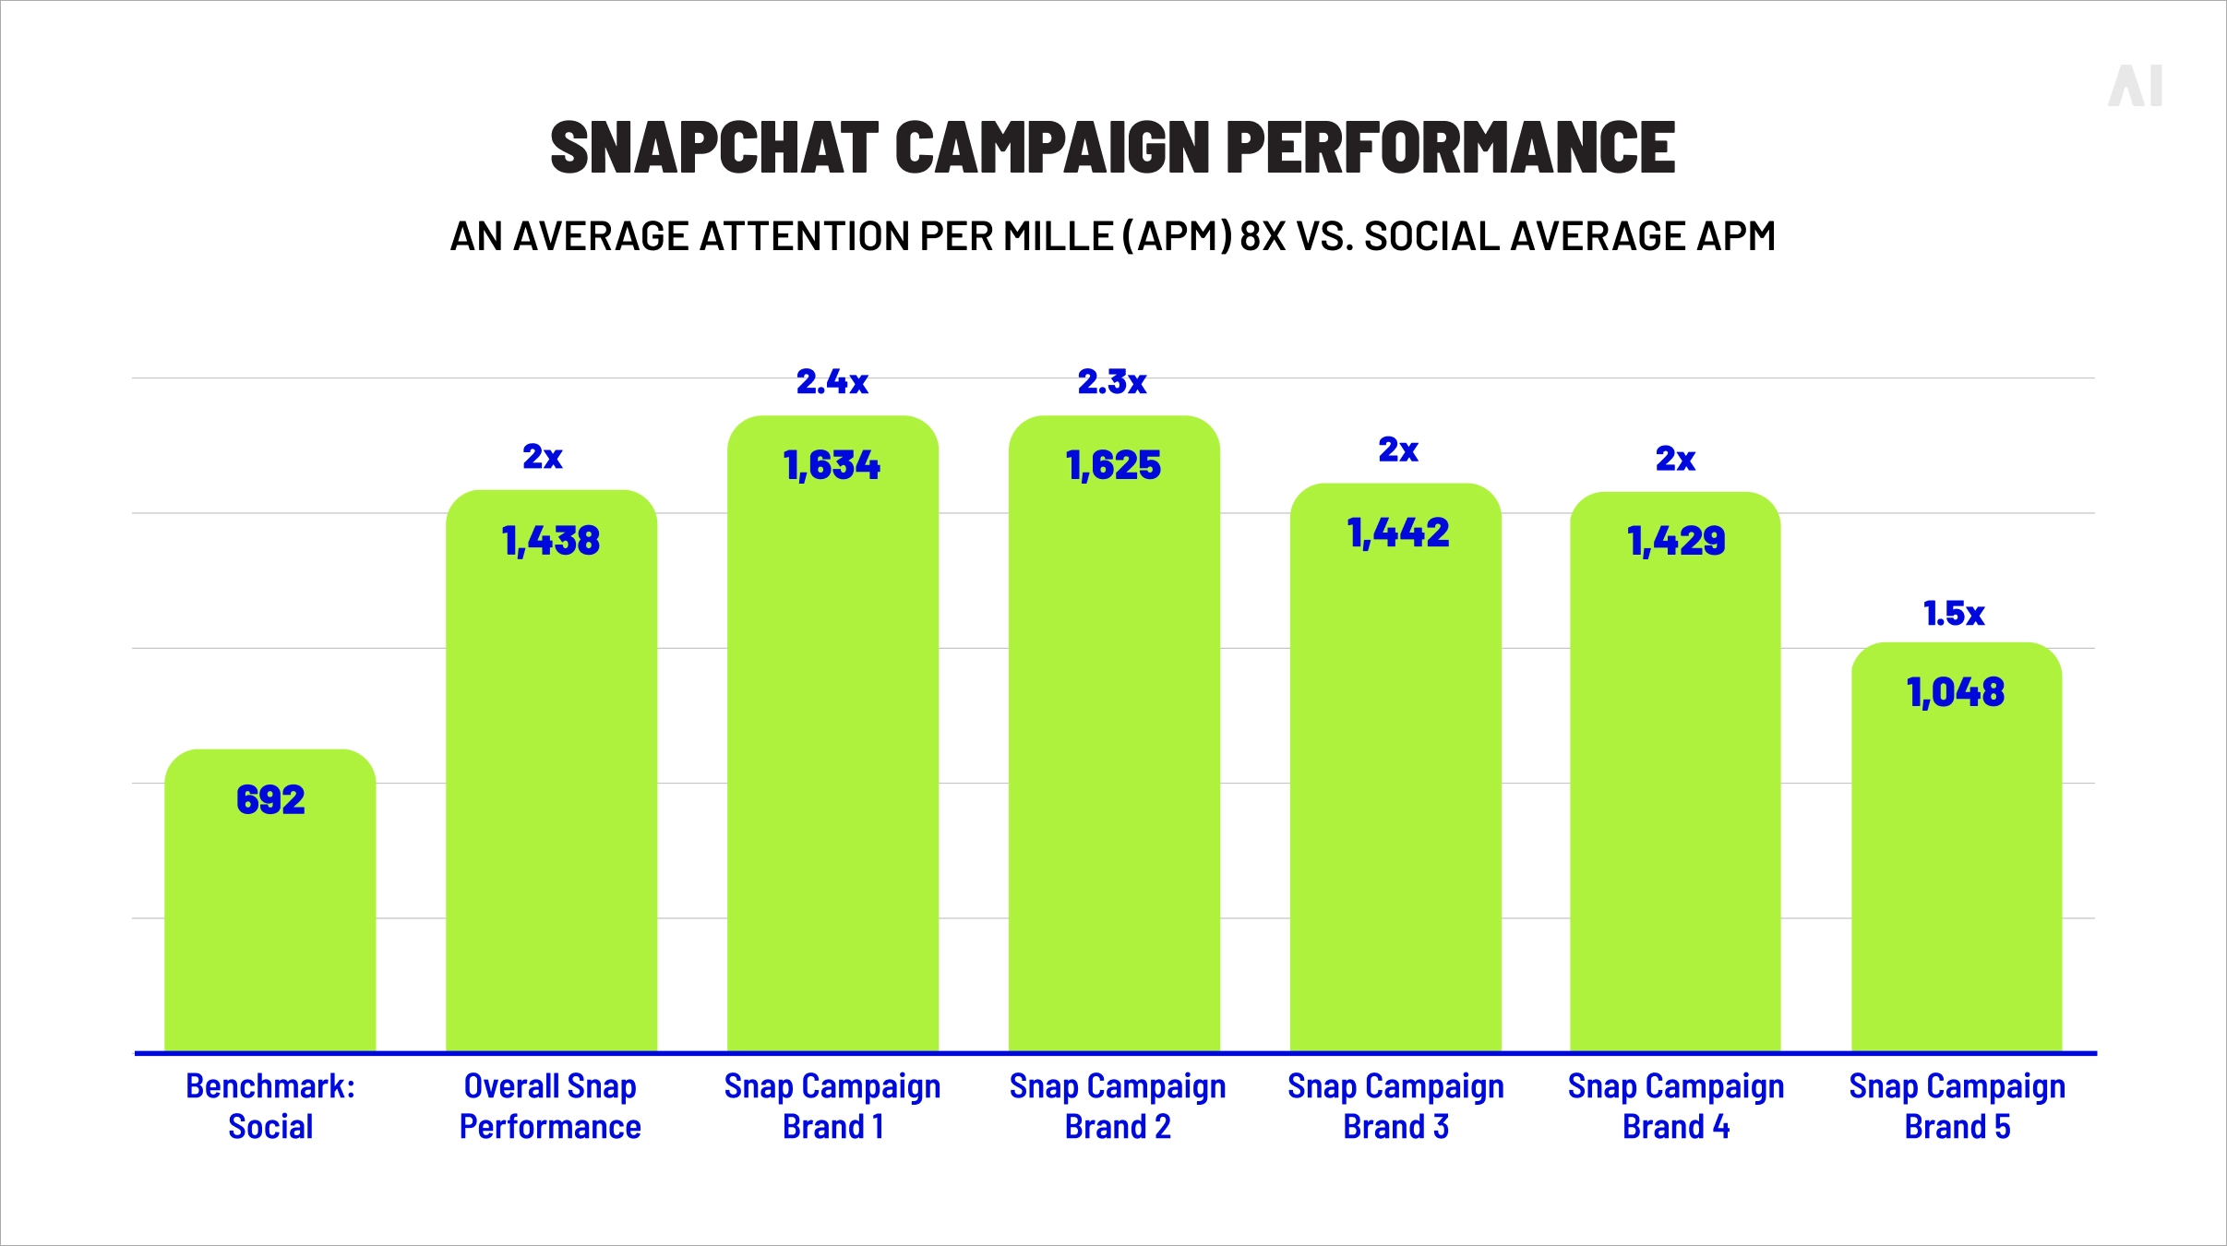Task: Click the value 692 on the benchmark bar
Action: [x=270, y=800]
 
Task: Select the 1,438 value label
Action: [x=551, y=541]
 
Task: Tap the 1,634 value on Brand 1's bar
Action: [x=832, y=465]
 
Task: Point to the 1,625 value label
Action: [x=1114, y=465]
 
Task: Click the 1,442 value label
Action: [x=1398, y=533]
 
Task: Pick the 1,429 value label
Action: [x=1676, y=541]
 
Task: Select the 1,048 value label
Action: [x=1956, y=692]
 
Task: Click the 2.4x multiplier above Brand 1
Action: [x=832, y=382]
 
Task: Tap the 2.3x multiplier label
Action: [x=1112, y=382]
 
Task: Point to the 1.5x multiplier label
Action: [x=1954, y=614]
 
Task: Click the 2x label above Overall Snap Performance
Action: [x=543, y=457]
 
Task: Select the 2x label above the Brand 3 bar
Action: [x=1398, y=450]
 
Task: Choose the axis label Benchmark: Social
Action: [x=270, y=1106]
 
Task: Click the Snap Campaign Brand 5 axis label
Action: [x=1957, y=1106]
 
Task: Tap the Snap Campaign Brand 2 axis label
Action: [x=1118, y=1106]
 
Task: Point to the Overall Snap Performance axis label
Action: [x=550, y=1106]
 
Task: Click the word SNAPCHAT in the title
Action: [x=713, y=148]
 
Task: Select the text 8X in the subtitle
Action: [x=1263, y=236]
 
